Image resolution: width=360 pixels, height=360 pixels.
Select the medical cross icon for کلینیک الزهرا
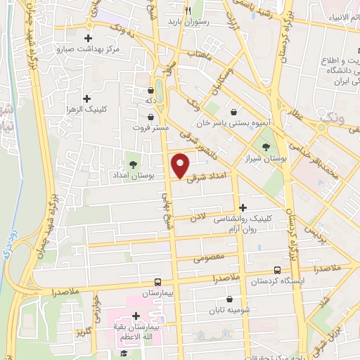pyautogui.click(x=86, y=98)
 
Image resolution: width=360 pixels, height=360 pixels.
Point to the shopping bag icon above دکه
pyautogui.click(x=150, y=90)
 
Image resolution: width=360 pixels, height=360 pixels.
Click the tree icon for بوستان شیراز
pyautogui.click(x=266, y=146)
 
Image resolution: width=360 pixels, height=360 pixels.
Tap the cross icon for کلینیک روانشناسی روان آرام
pyautogui.click(x=243, y=207)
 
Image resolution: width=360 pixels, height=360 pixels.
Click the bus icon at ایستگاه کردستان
pyautogui.click(x=277, y=271)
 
